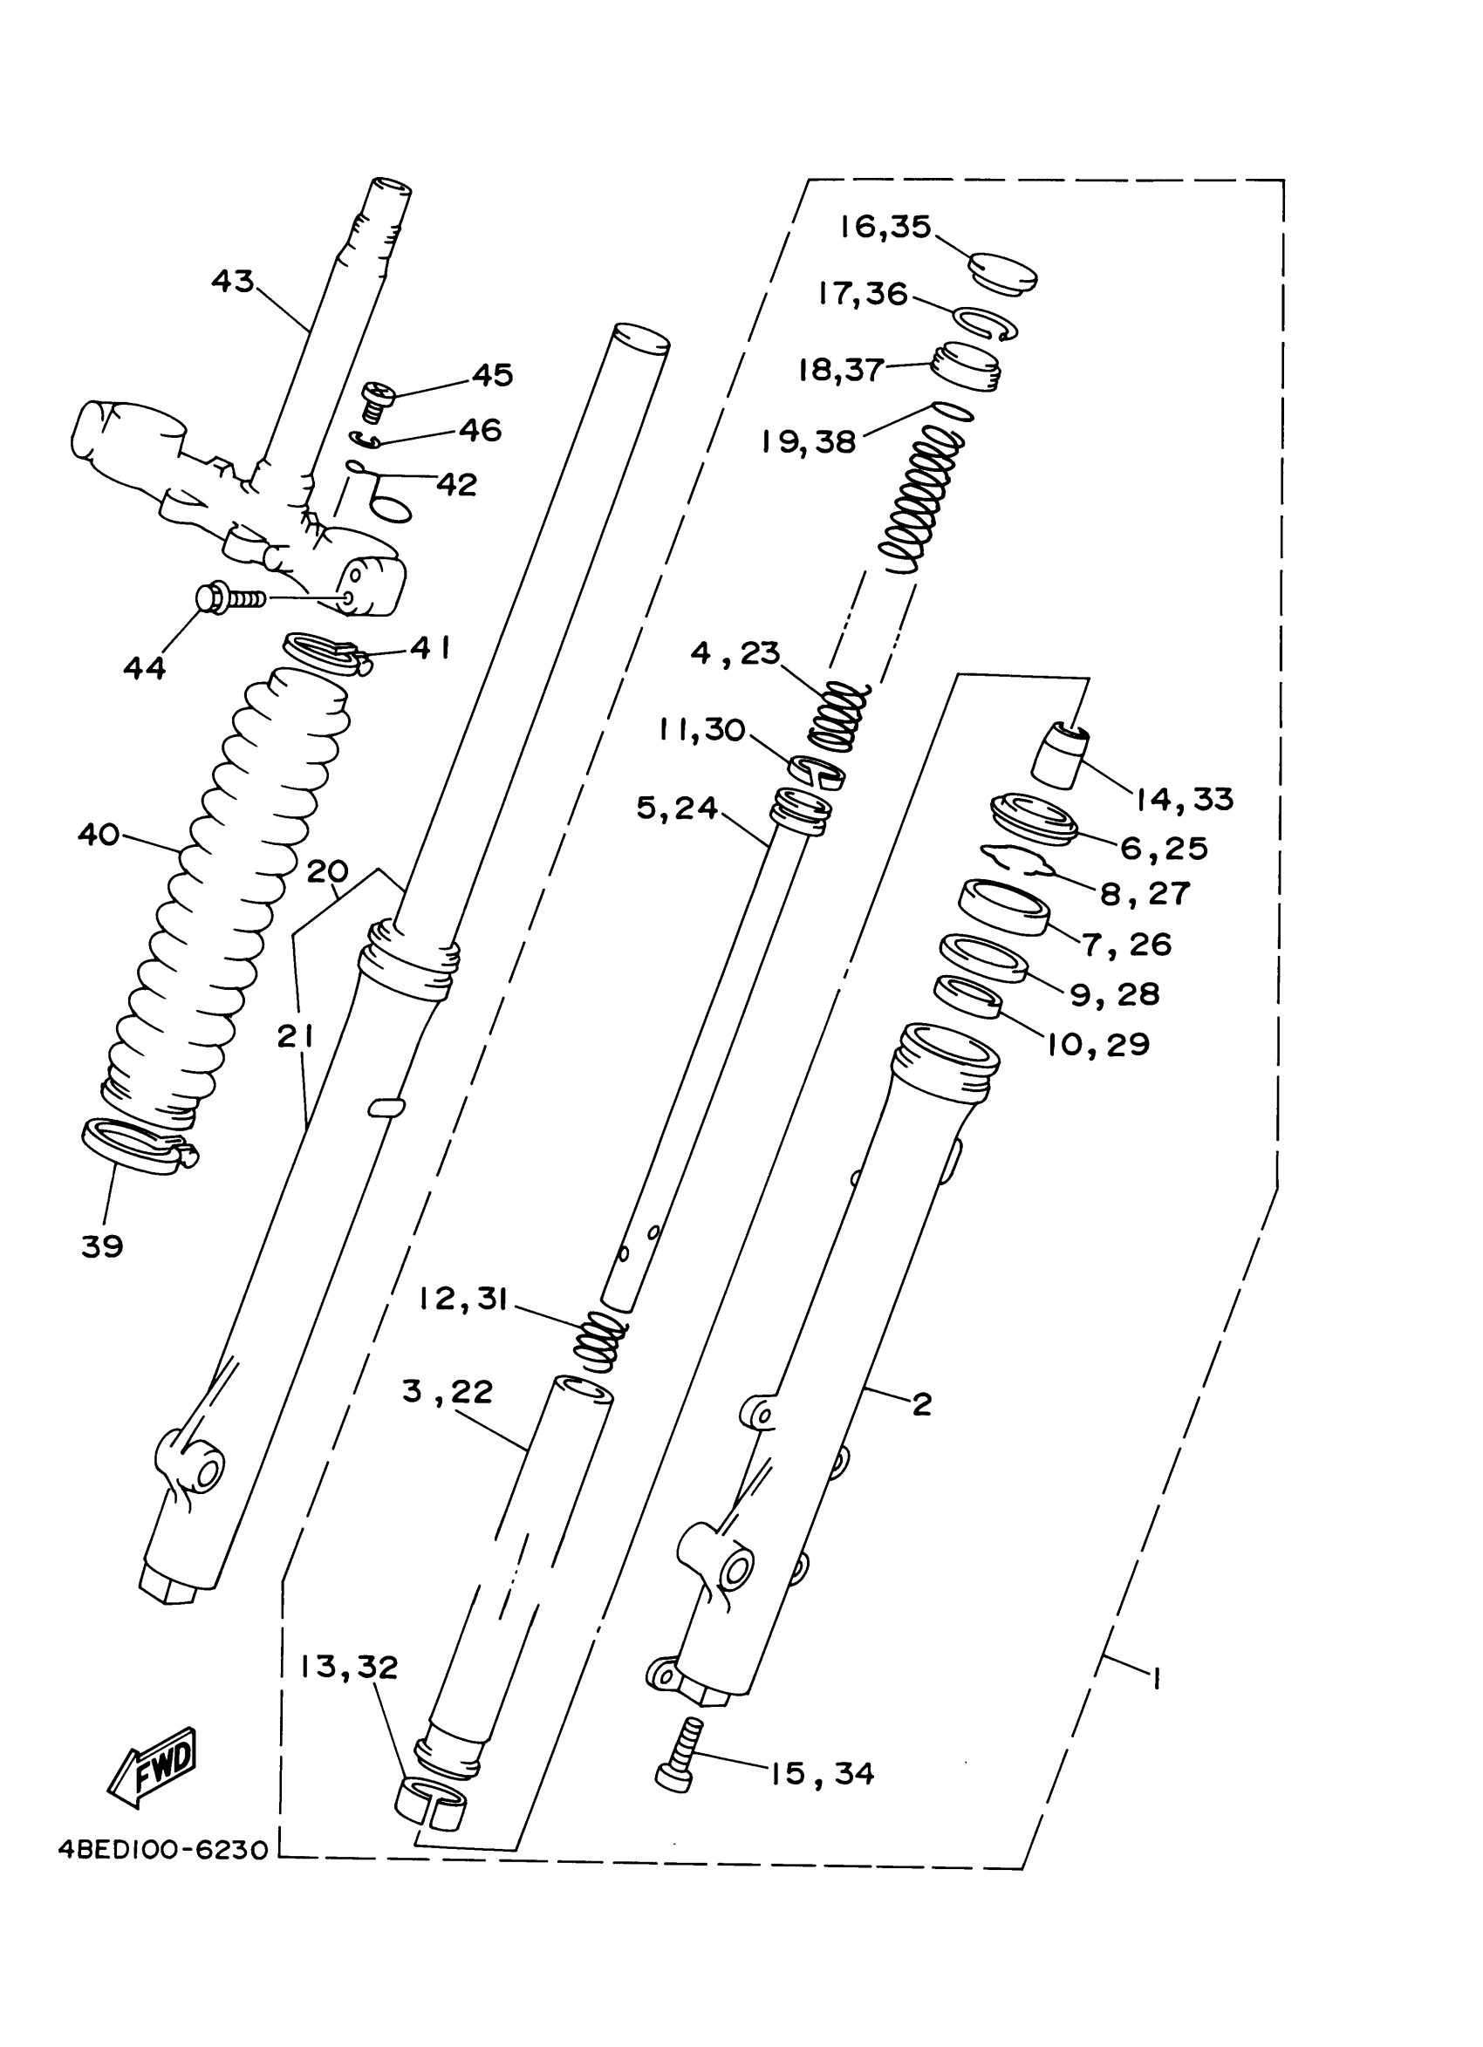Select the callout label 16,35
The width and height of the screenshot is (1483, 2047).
(885, 227)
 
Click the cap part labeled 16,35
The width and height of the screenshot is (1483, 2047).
(1002, 274)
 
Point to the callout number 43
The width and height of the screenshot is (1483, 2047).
(232, 281)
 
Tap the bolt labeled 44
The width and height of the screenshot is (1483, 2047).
(230, 597)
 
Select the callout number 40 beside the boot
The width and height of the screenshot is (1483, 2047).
(99, 835)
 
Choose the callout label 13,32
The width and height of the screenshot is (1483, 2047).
(349, 1667)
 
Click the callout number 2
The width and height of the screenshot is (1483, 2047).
(921, 1403)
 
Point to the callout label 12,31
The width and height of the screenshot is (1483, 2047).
(464, 1299)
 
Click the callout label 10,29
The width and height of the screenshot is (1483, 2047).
(1097, 1044)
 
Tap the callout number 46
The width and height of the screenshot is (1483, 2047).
(480, 430)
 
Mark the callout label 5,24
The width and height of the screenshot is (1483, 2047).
(677, 808)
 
